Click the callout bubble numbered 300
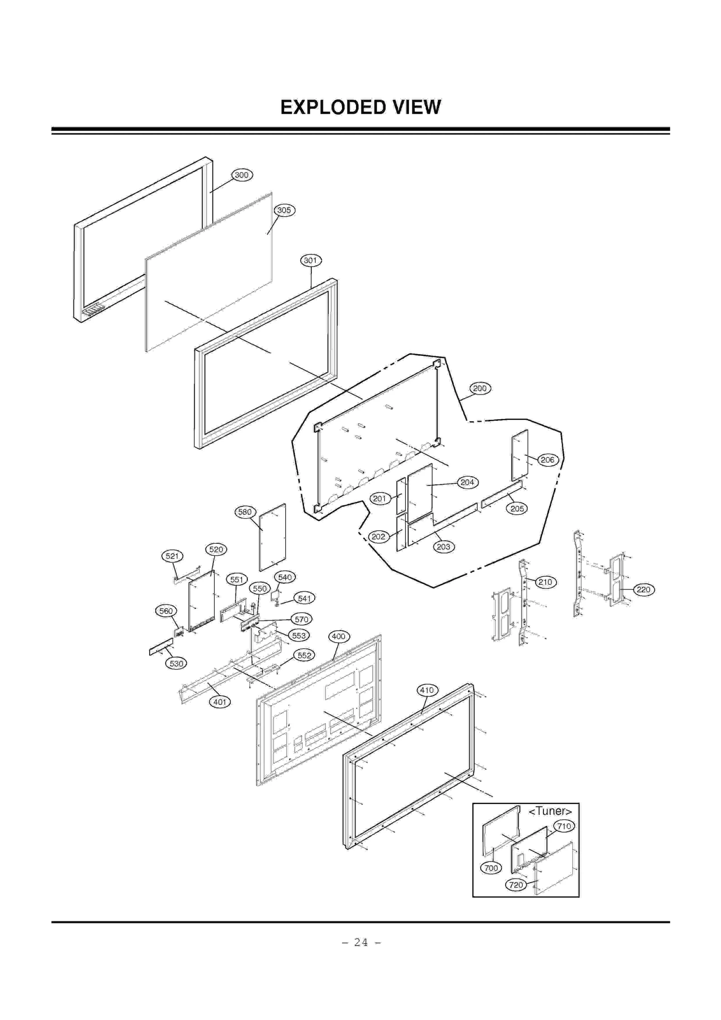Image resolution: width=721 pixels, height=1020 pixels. pyautogui.click(x=242, y=175)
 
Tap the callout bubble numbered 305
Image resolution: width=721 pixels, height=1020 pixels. pyautogui.click(x=284, y=210)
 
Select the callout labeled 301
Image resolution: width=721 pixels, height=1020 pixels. pyautogui.click(x=310, y=260)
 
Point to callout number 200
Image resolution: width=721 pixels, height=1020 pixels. pyautogui.click(x=479, y=388)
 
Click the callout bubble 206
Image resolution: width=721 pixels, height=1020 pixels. pyautogui.click(x=548, y=460)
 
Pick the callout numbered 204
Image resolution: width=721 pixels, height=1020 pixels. pyautogui.click(x=467, y=482)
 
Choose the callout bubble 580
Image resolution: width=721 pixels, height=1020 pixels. pyautogui.click(x=245, y=512)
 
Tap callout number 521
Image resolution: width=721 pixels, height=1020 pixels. pyautogui.click(x=172, y=556)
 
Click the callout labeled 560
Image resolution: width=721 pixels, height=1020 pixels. pyautogui.click(x=166, y=611)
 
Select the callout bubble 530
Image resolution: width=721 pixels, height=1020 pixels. pyautogui.click(x=176, y=663)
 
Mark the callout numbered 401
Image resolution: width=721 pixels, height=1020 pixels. pyautogui.click(x=219, y=702)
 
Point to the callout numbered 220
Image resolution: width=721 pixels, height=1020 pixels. pyautogui.click(x=643, y=589)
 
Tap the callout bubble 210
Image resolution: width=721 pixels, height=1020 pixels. pyautogui.click(x=545, y=582)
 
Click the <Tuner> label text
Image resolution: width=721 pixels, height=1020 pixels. pyautogui.click(x=550, y=811)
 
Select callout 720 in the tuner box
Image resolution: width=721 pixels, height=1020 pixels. pyautogui.click(x=516, y=885)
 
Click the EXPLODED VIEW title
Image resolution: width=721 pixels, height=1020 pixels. pyautogui.click(x=360, y=107)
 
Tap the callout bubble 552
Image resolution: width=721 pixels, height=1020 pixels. pyautogui.click(x=304, y=655)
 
